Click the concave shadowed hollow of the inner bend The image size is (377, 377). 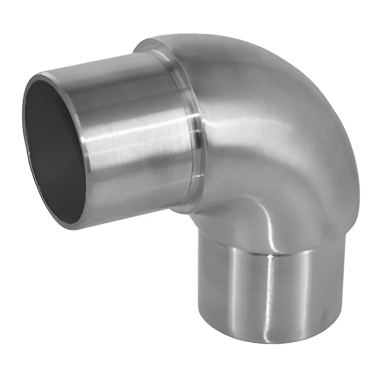233,225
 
